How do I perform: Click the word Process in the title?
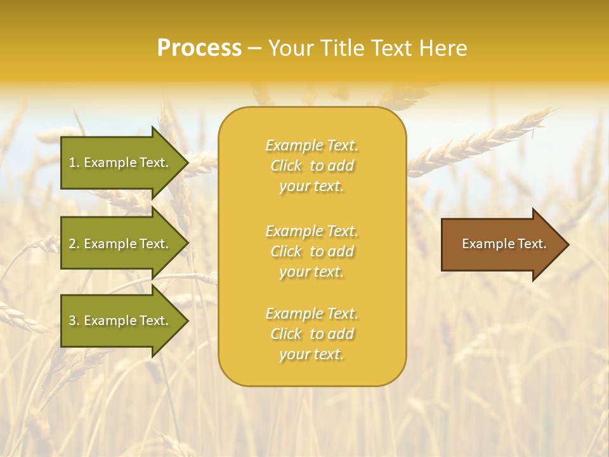coord(199,48)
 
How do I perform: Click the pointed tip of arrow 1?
coord(187,162)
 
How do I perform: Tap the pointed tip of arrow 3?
coord(187,321)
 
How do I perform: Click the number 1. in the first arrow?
coord(74,162)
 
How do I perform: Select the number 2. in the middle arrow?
coord(74,244)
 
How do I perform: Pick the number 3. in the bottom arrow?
coord(74,321)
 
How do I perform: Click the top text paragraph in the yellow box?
coord(311,166)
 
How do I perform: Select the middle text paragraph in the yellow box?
coord(311,251)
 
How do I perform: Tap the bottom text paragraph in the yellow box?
coord(311,334)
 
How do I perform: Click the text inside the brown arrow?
coord(504,244)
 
